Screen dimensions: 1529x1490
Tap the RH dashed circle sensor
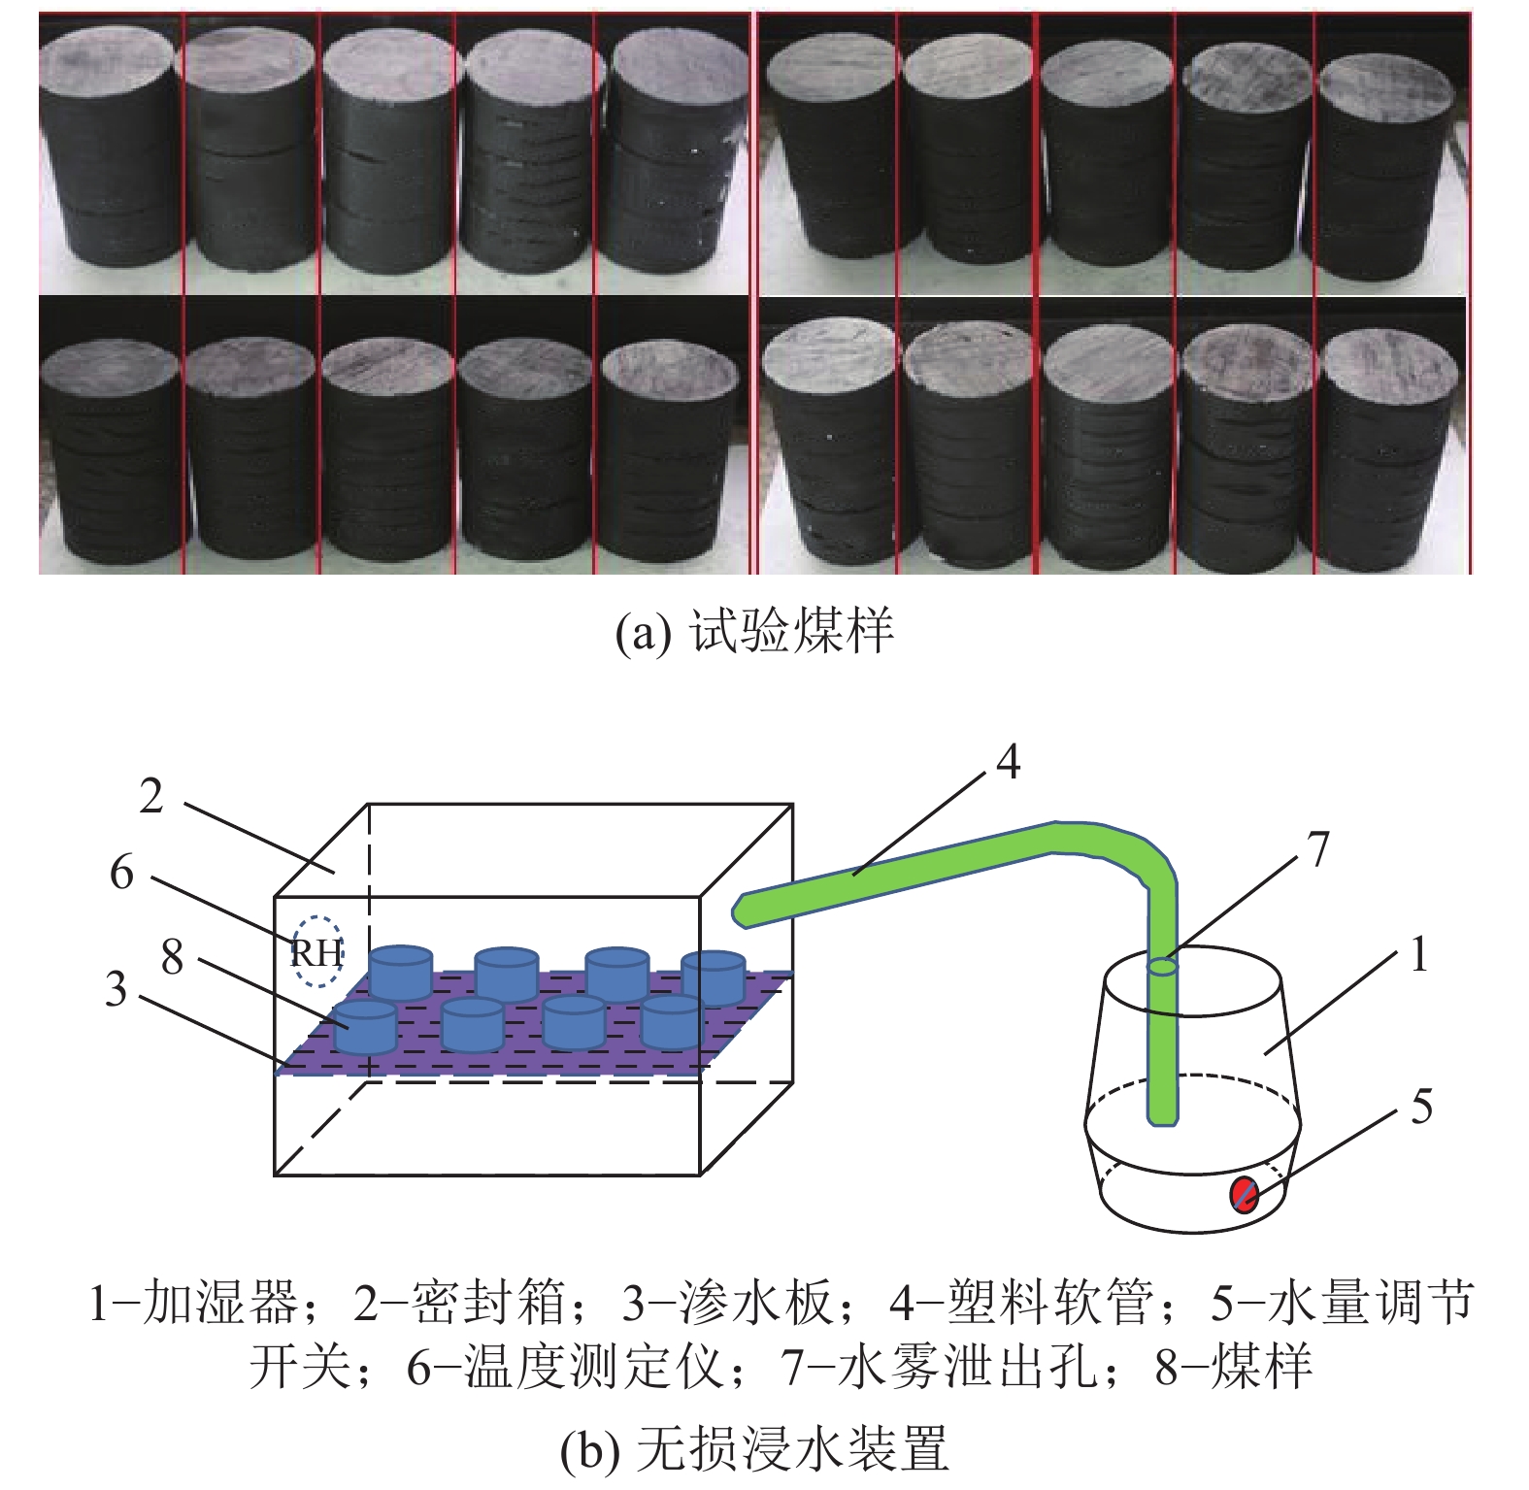pos(318,952)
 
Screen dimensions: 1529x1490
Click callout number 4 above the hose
pos(1009,762)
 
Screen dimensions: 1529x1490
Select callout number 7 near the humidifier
pos(1317,850)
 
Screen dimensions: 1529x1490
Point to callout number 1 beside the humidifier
pos(1419,954)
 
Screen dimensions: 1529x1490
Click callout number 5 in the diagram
pos(1421,1107)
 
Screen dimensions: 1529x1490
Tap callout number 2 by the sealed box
pos(151,796)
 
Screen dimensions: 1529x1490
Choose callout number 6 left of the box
pos(121,873)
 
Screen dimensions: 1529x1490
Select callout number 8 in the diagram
pos(172,957)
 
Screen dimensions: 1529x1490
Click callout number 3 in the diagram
pos(116,989)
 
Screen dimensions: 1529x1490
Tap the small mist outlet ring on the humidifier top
pos(1163,967)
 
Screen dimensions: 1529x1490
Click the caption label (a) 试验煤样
pos(754,631)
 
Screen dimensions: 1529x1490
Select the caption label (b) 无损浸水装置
pos(754,1449)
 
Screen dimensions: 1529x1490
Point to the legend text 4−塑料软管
pos(1021,1303)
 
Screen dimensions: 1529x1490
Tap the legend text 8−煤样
pos(1234,1367)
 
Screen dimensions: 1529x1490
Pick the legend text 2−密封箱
pos(459,1303)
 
